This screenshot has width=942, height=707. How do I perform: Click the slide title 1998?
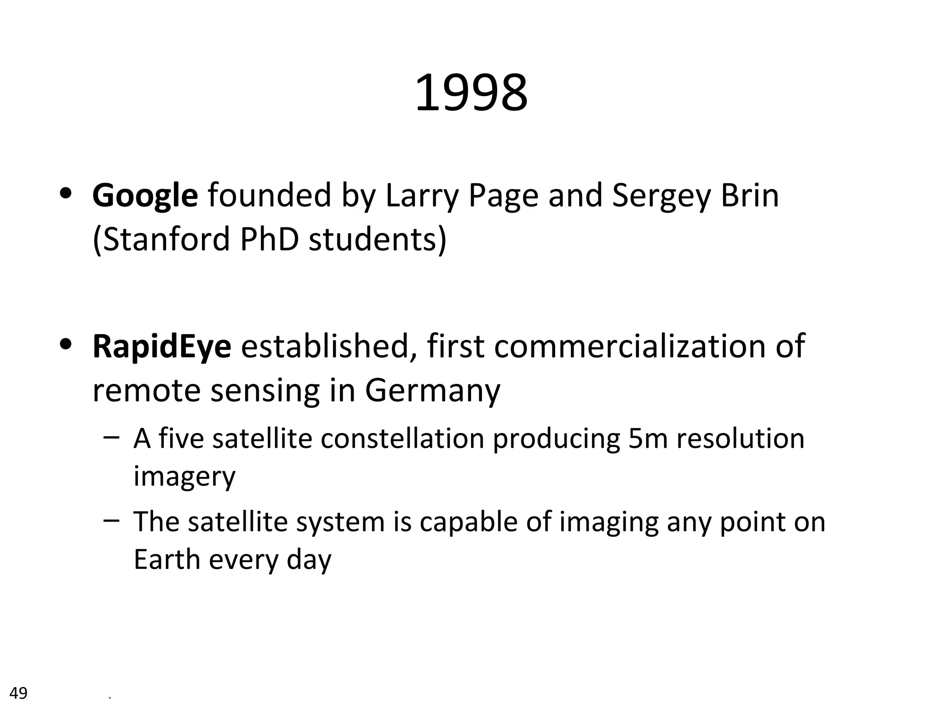click(x=471, y=94)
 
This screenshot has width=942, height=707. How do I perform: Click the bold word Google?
click(x=145, y=196)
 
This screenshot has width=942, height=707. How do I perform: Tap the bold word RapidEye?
click(x=161, y=346)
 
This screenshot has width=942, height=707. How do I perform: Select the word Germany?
click(x=432, y=391)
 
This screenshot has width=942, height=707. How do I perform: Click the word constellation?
click(x=402, y=438)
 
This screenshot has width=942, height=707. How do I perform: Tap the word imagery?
click(x=184, y=476)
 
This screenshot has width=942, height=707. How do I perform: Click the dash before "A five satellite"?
click(x=112, y=437)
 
